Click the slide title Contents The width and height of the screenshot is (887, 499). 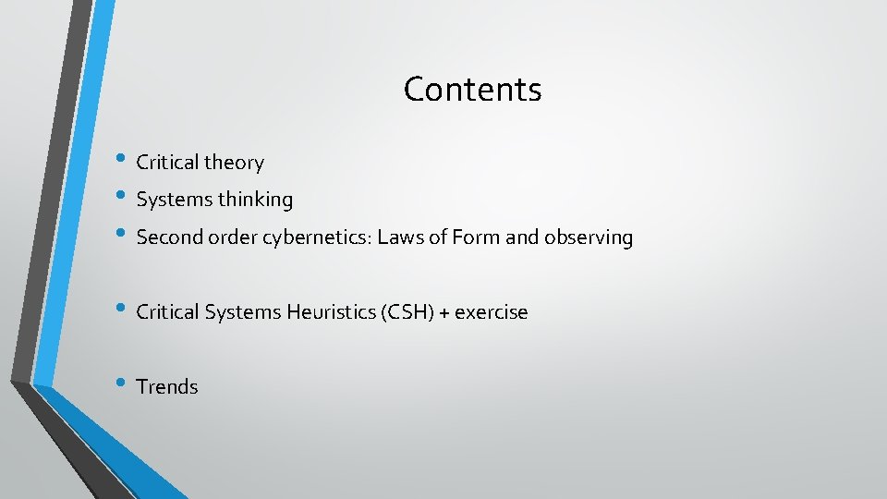472,90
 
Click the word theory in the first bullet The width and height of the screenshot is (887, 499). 234,163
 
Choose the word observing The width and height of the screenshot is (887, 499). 589,237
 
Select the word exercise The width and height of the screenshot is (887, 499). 491,312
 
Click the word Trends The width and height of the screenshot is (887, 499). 166,387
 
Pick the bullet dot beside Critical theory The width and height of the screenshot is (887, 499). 121,161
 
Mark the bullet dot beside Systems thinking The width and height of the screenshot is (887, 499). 121,198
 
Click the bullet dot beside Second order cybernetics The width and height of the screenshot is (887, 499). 121,236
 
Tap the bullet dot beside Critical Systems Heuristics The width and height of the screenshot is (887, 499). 121,310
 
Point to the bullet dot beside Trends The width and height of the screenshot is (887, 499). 121,385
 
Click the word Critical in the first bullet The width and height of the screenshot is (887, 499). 167,163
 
